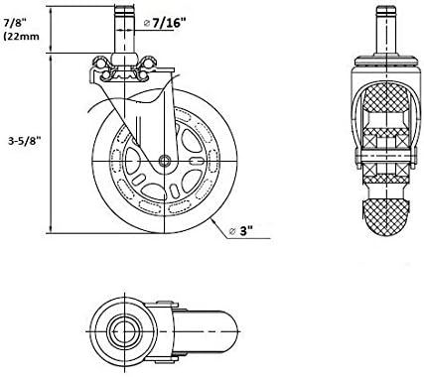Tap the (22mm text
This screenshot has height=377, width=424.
(21, 36)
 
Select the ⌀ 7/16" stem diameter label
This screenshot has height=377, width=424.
(165, 23)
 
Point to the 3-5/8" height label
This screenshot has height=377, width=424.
(24, 141)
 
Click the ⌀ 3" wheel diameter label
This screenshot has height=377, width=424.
(241, 231)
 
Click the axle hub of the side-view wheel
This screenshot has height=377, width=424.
(164, 161)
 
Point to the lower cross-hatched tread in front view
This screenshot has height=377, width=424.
(386, 216)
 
